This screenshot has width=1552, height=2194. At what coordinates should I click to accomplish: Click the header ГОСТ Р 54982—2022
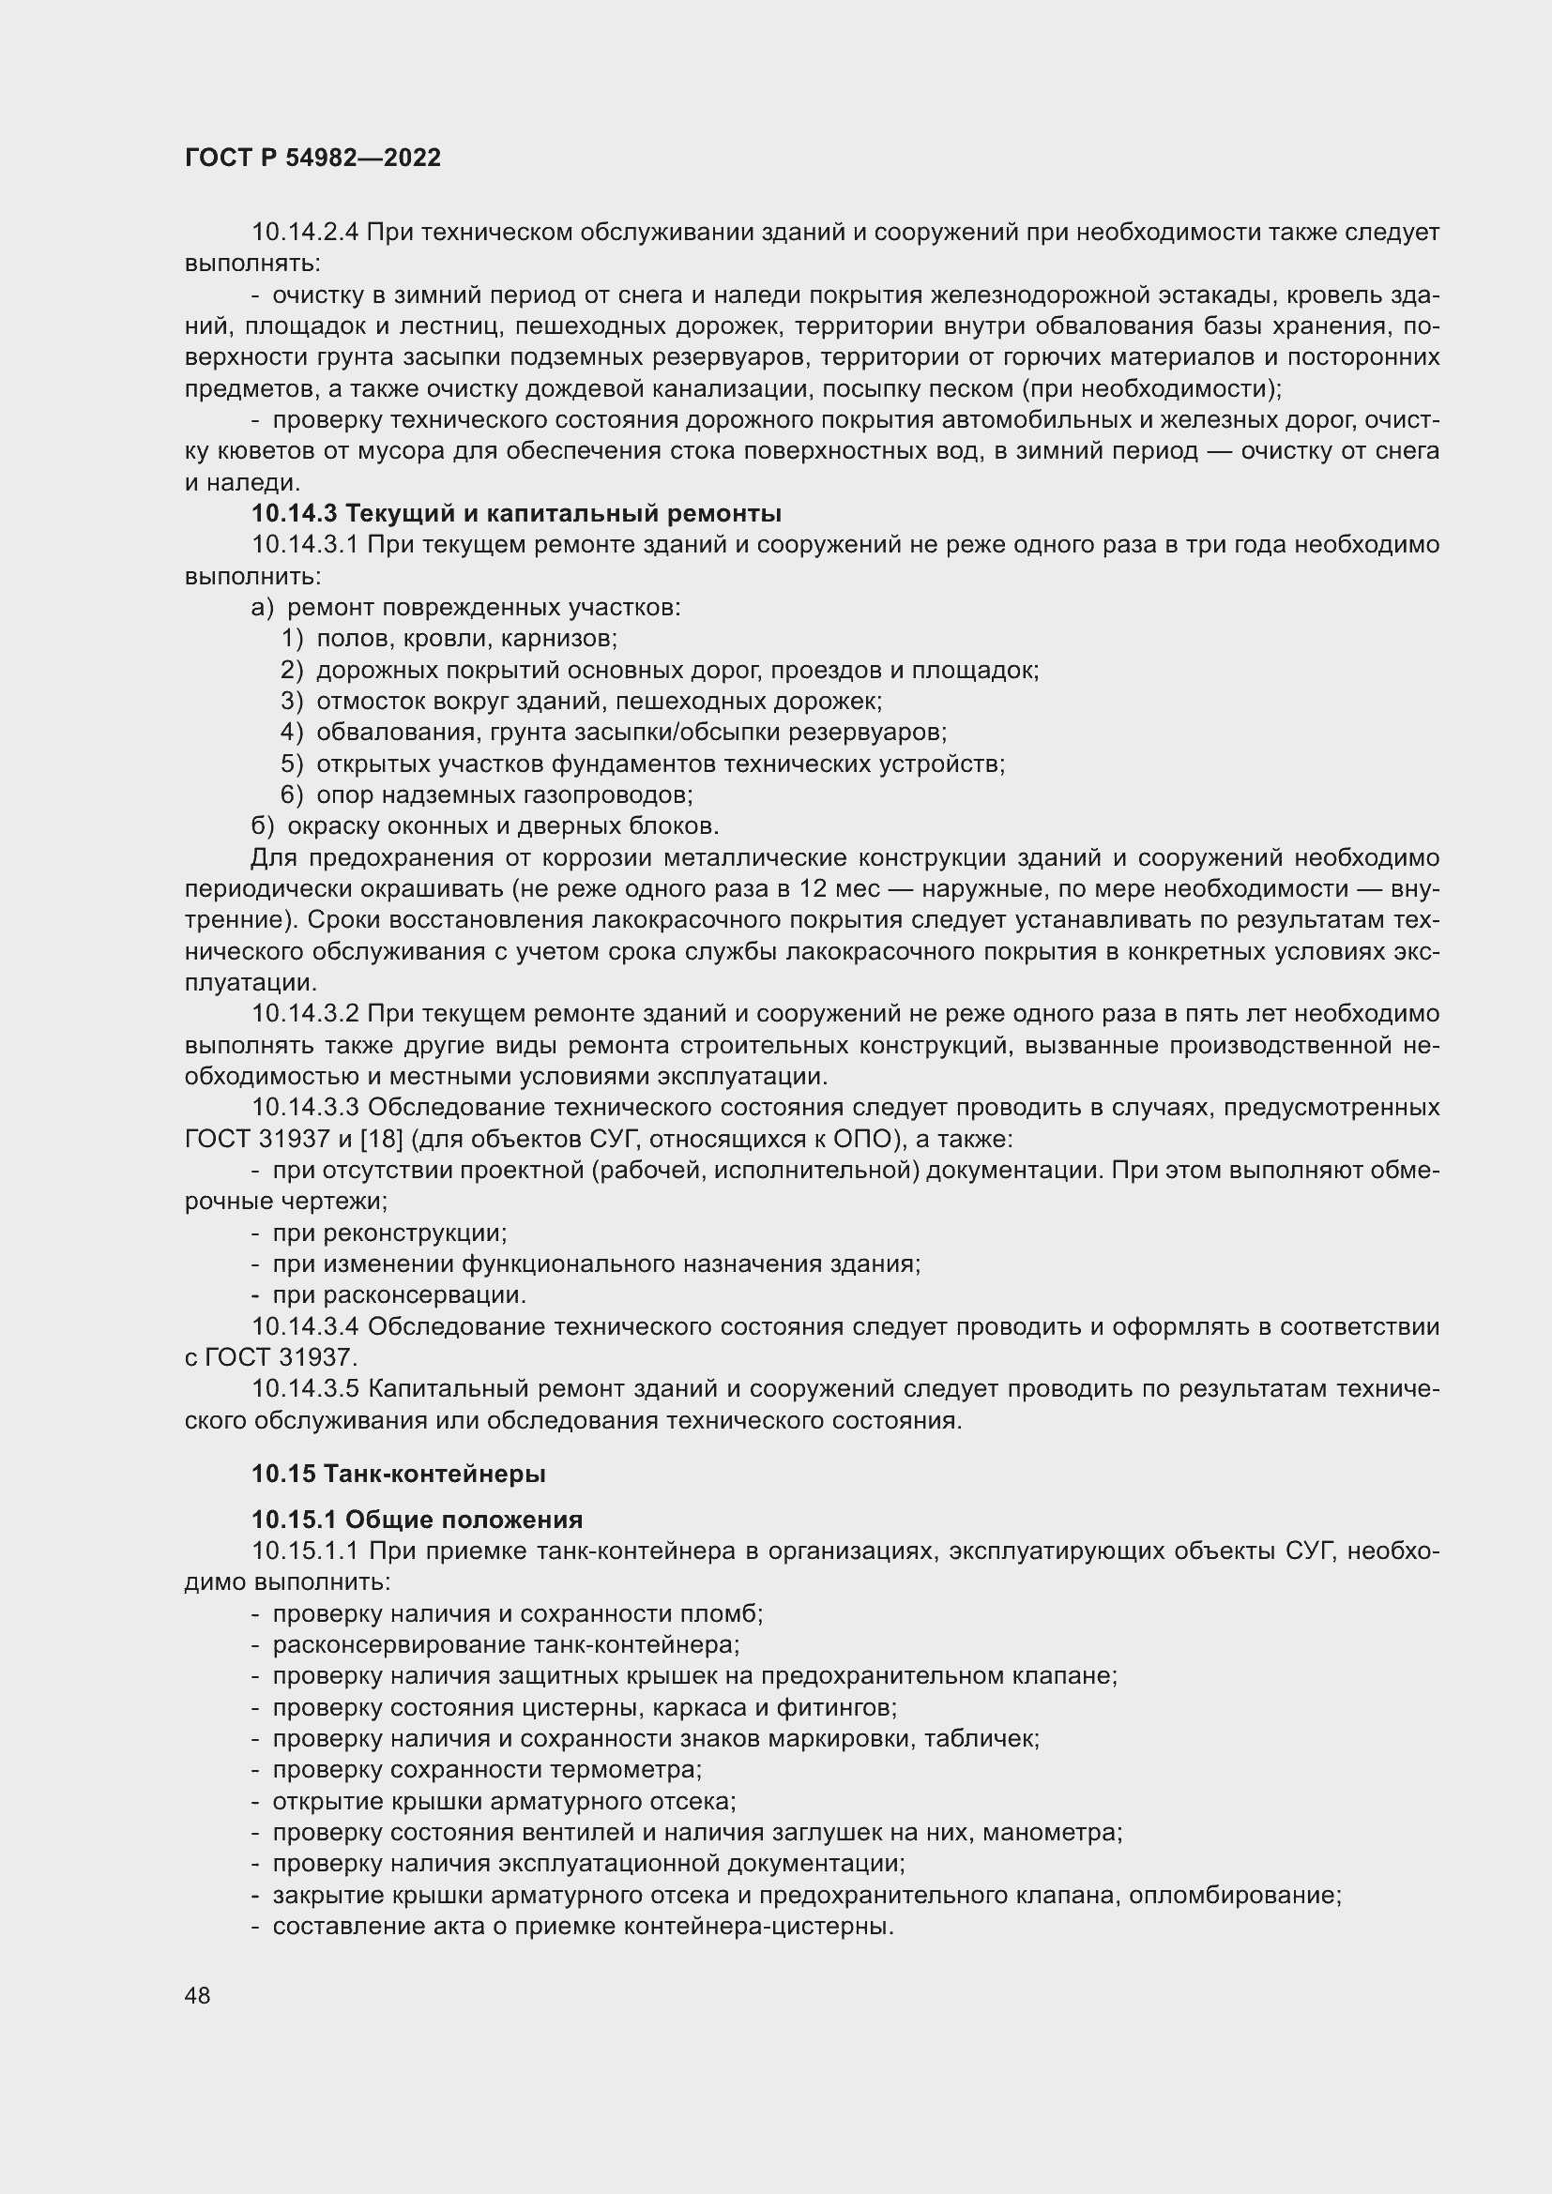tap(312, 159)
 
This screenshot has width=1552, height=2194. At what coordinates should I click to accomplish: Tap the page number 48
tap(198, 1996)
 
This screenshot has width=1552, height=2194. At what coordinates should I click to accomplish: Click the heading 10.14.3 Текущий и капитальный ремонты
tap(516, 514)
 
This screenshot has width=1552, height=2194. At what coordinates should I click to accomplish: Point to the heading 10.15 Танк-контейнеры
tap(399, 1475)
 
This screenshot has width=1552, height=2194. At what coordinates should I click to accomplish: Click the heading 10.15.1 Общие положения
tap(417, 1521)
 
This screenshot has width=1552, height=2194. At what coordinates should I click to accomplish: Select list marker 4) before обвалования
tap(292, 733)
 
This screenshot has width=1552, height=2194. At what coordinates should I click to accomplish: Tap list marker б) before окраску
tap(262, 826)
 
